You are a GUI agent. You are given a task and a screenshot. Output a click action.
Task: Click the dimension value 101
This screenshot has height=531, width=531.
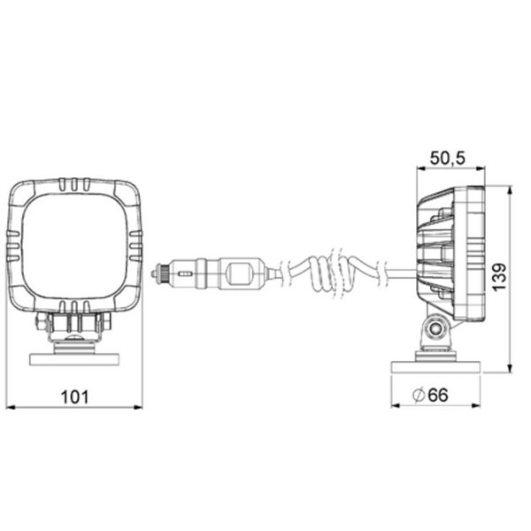75,396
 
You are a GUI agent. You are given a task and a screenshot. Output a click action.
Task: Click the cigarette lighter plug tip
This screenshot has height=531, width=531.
158,274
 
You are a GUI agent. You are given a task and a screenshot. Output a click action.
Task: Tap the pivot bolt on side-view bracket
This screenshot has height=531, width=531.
434,332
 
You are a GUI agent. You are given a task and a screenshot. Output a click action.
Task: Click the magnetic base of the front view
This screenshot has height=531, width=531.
74,359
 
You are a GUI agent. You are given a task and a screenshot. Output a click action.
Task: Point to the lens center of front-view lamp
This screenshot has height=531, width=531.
74,248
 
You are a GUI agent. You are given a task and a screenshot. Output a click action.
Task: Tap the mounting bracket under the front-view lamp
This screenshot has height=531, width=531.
74,329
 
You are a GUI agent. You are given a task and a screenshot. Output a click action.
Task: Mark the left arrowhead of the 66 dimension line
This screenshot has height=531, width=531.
393,406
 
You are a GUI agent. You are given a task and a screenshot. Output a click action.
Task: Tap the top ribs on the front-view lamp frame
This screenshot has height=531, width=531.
74,187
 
